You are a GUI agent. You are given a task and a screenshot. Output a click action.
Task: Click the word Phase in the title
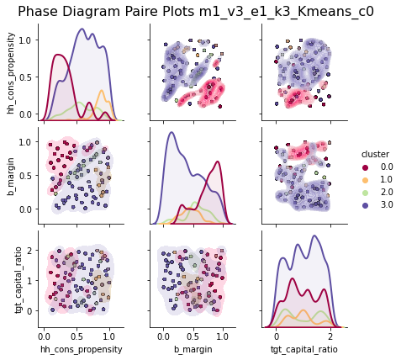(x=40, y=12)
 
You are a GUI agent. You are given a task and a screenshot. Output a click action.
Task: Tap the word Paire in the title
(x=145, y=12)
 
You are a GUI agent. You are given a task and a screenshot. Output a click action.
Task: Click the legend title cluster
(x=375, y=154)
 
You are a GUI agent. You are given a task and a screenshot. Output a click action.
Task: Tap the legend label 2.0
(x=385, y=192)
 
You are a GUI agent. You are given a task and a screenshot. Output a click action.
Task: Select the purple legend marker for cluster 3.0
(x=367, y=204)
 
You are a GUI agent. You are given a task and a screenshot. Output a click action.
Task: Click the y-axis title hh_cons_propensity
(x=10, y=72)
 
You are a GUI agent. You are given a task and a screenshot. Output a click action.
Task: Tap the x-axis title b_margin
(x=193, y=347)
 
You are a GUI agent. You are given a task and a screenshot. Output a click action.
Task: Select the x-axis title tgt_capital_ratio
(x=303, y=347)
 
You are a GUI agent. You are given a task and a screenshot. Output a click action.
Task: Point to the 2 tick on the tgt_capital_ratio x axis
(x=330, y=334)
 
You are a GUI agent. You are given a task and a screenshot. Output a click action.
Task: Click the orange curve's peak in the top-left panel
(x=102, y=90)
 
